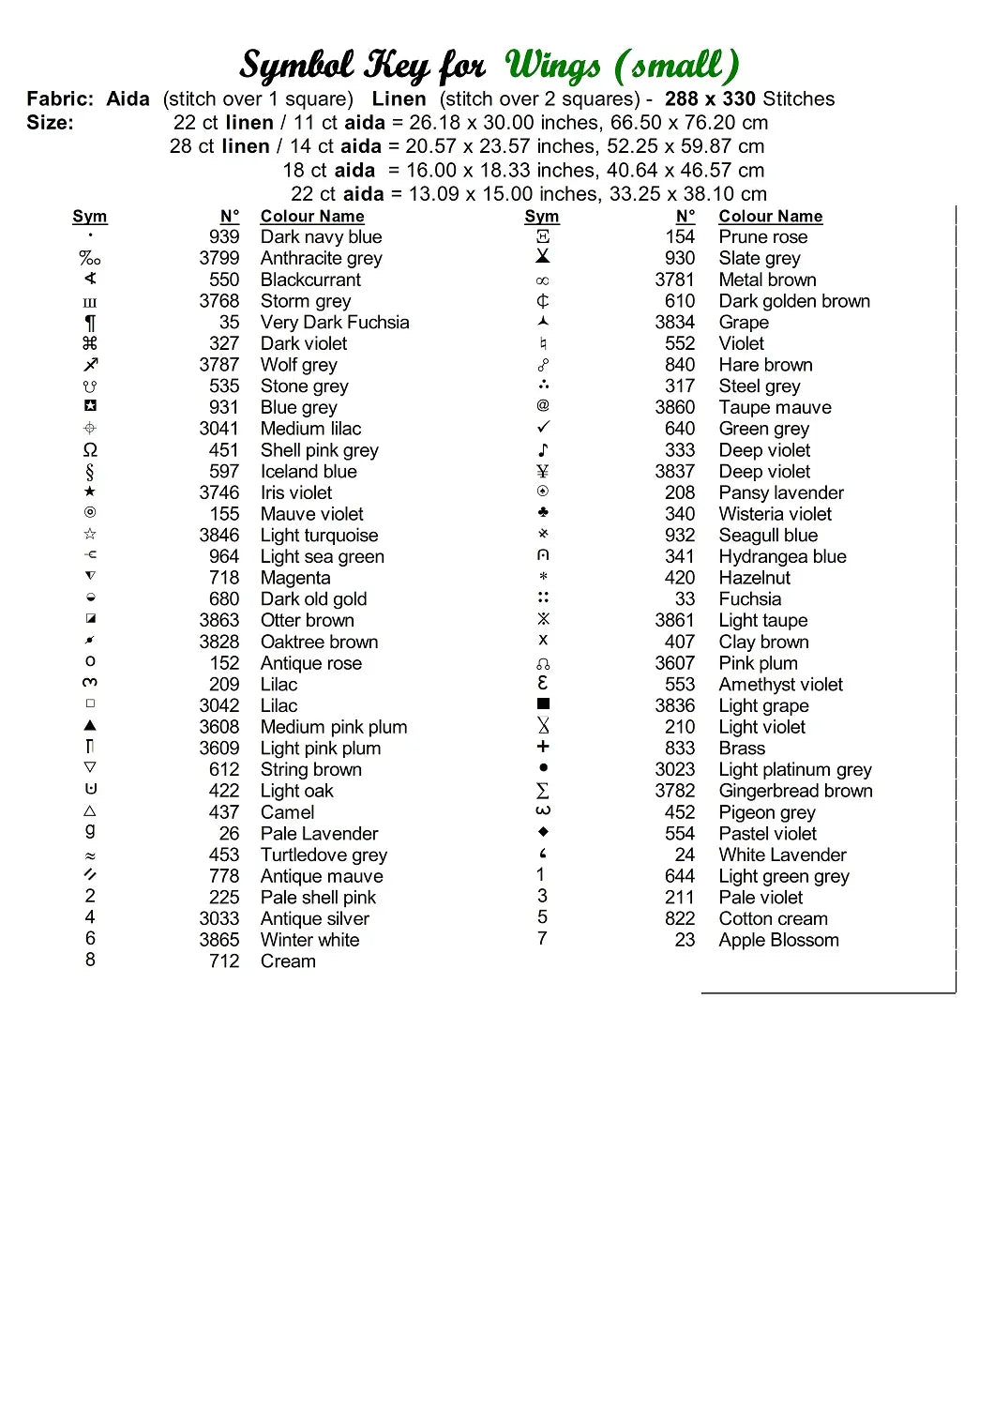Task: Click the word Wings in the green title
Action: [x=553, y=66]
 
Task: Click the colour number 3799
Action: [x=218, y=258]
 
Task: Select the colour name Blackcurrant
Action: [x=310, y=280]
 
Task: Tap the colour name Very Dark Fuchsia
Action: [x=335, y=322]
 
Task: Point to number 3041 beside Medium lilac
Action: [x=218, y=429]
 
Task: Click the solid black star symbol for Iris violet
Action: [x=90, y=492]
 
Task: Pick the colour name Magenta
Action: [x=295, y=578]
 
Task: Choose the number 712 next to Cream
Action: [x=224, y=961]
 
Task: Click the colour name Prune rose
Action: [x=762, y=237]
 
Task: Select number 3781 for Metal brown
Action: [x=674, y=280]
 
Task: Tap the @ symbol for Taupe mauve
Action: [x=543, y=405]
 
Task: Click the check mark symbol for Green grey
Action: [x=543, y=427]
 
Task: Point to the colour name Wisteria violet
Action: [x=775, y=514]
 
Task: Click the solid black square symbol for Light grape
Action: [x=543, y=703]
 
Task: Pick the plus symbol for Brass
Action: [x=543, y=747]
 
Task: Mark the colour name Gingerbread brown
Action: [x=795, y=791]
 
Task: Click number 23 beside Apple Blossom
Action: [x=685, y=940]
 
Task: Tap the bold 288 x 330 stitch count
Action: [x=710, y=98]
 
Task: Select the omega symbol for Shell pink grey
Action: [x=90, y=450]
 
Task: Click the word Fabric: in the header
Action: [x=60, y=98]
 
